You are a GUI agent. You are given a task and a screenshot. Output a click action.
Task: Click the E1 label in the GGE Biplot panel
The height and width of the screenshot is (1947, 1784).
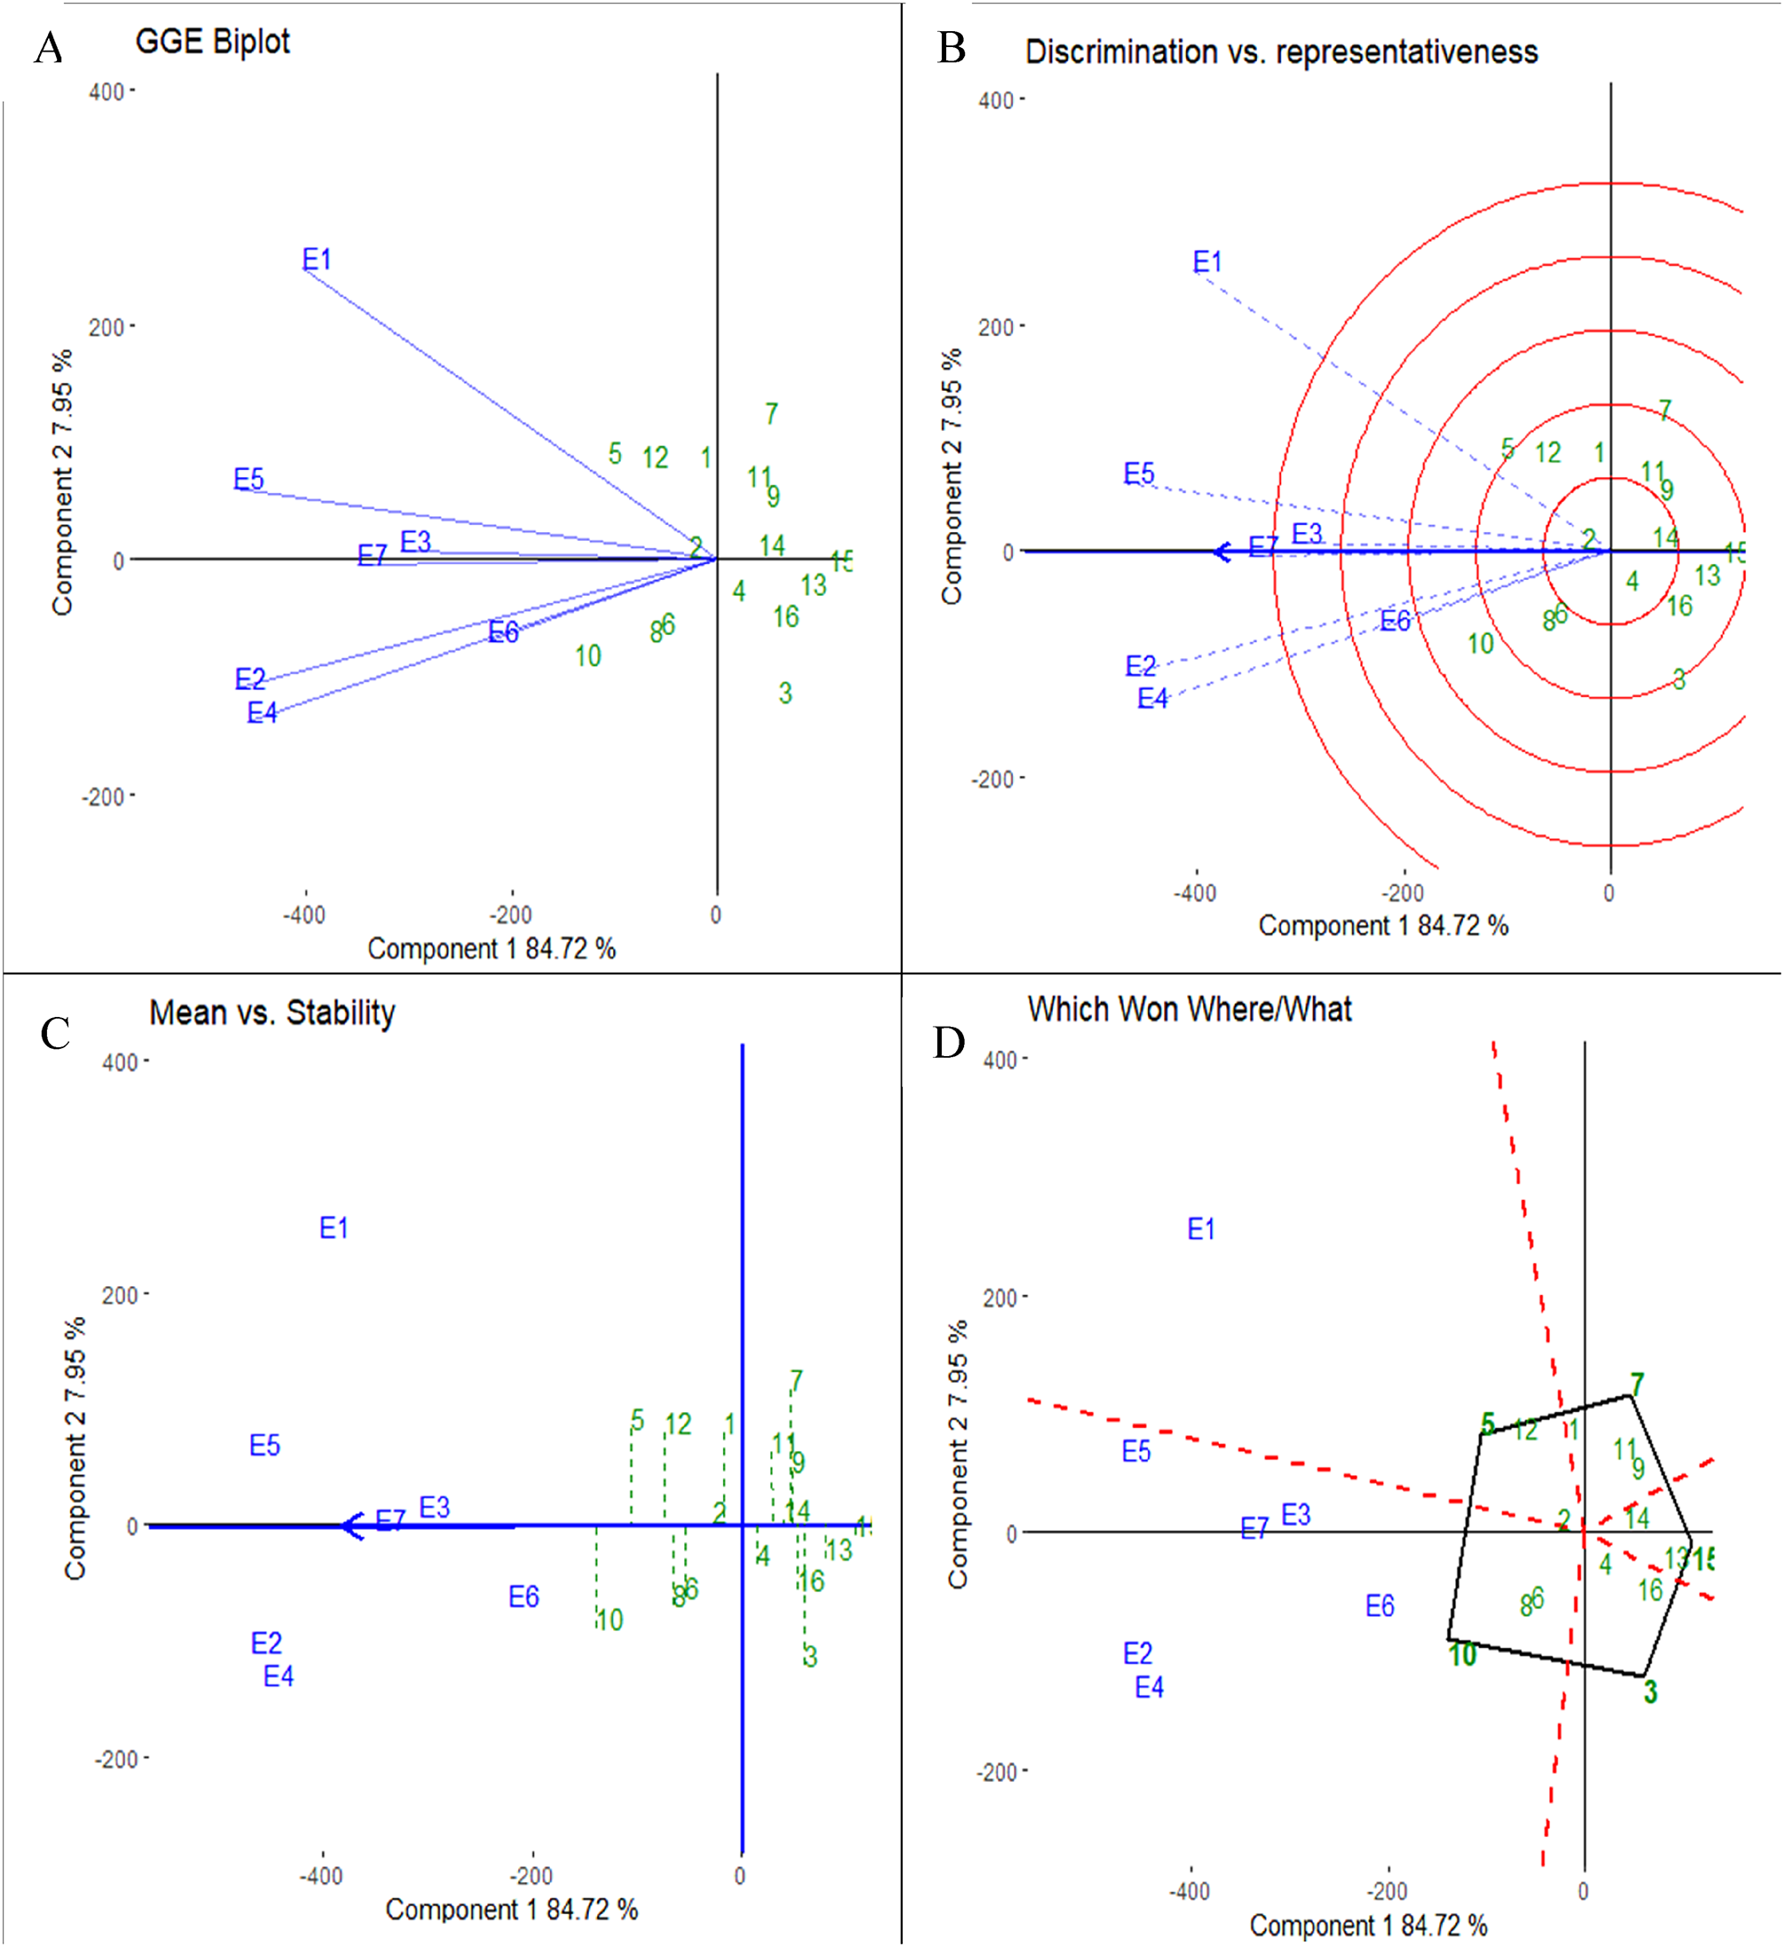pos(317,258)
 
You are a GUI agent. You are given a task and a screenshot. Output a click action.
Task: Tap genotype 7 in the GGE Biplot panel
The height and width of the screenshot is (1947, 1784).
pos(771,413)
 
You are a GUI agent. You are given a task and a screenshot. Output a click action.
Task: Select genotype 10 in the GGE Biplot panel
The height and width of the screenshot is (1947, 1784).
pos(587,656)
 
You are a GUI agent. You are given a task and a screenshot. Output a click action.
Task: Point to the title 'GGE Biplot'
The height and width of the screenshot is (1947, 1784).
pos(212,42)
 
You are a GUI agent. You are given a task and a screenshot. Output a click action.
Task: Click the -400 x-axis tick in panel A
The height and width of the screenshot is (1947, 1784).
pos(304,914)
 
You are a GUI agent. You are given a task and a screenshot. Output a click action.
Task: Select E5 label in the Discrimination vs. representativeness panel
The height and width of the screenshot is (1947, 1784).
pos(1139,473)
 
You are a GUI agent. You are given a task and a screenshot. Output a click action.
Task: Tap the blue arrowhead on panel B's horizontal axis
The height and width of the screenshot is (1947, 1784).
pos(1222,552)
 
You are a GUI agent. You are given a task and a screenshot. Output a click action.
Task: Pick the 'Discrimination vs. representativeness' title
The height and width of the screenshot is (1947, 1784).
pos(1281,52)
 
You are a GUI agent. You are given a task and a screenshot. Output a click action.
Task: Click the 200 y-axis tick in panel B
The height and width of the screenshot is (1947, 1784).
pos(995,327)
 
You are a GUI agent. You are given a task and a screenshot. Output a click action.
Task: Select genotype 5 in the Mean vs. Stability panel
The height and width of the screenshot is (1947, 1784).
pos(636,1419)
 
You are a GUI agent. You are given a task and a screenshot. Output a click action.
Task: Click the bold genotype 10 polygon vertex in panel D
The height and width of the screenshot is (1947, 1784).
pos(1461,1655)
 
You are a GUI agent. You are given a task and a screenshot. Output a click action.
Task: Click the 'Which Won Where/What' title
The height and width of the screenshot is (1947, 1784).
pos(1189,1009)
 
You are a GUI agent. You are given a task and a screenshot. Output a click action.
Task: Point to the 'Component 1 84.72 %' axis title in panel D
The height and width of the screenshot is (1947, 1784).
pos(1367,1925)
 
